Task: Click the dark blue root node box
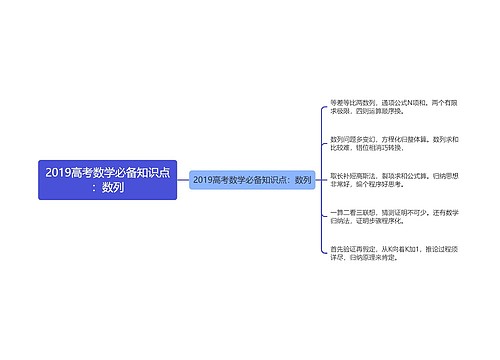[107, 180]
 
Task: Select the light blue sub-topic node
[251, 180]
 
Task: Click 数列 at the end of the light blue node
[303, 180]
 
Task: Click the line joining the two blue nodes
[182, 180]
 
